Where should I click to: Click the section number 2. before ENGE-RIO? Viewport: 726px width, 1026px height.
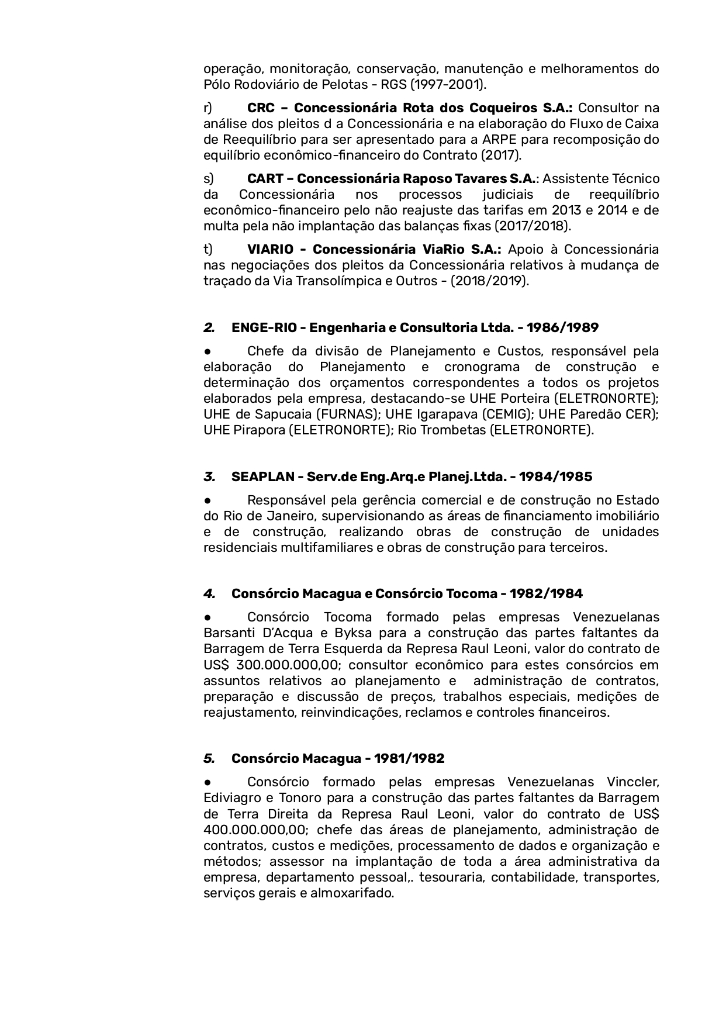[x=209, y=327]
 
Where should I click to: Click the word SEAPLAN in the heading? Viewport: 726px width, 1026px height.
[x=262, y=476]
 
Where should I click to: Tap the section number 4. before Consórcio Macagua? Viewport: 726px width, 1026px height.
[x=209, y=594]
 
